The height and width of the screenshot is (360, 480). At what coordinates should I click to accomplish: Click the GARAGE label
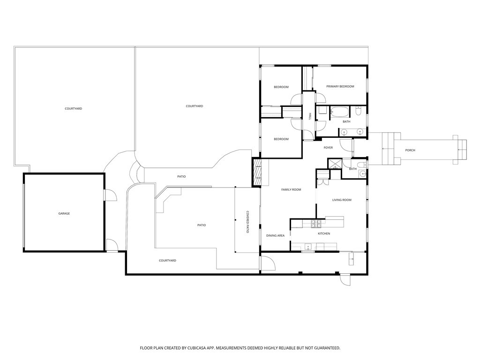[64, 214]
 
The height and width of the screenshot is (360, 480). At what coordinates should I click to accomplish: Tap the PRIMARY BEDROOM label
[340, 87]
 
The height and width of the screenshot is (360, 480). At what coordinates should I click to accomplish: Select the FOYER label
[328, 148]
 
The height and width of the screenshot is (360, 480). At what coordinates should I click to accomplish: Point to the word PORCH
[410, 150]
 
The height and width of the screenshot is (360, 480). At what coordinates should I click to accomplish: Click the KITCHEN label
[324, 233]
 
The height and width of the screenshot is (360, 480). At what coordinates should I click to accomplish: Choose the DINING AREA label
[275, 236]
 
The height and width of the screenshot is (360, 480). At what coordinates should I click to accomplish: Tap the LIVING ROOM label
[342, 200]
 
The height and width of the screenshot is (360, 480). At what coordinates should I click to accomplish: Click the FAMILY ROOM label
[291, 190]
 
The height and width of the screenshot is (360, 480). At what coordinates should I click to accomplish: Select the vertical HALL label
[310, 116]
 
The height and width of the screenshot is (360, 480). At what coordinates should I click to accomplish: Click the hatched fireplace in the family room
[257, 173]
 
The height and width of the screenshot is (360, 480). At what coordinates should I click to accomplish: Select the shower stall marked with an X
[335, 164]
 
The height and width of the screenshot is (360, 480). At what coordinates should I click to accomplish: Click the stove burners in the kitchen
[317, 223]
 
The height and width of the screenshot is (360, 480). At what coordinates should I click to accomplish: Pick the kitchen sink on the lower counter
[307, 246]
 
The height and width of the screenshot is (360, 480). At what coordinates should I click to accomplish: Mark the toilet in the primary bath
[359, 112]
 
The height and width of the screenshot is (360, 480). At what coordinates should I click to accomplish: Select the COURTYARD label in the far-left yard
[73, 109]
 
